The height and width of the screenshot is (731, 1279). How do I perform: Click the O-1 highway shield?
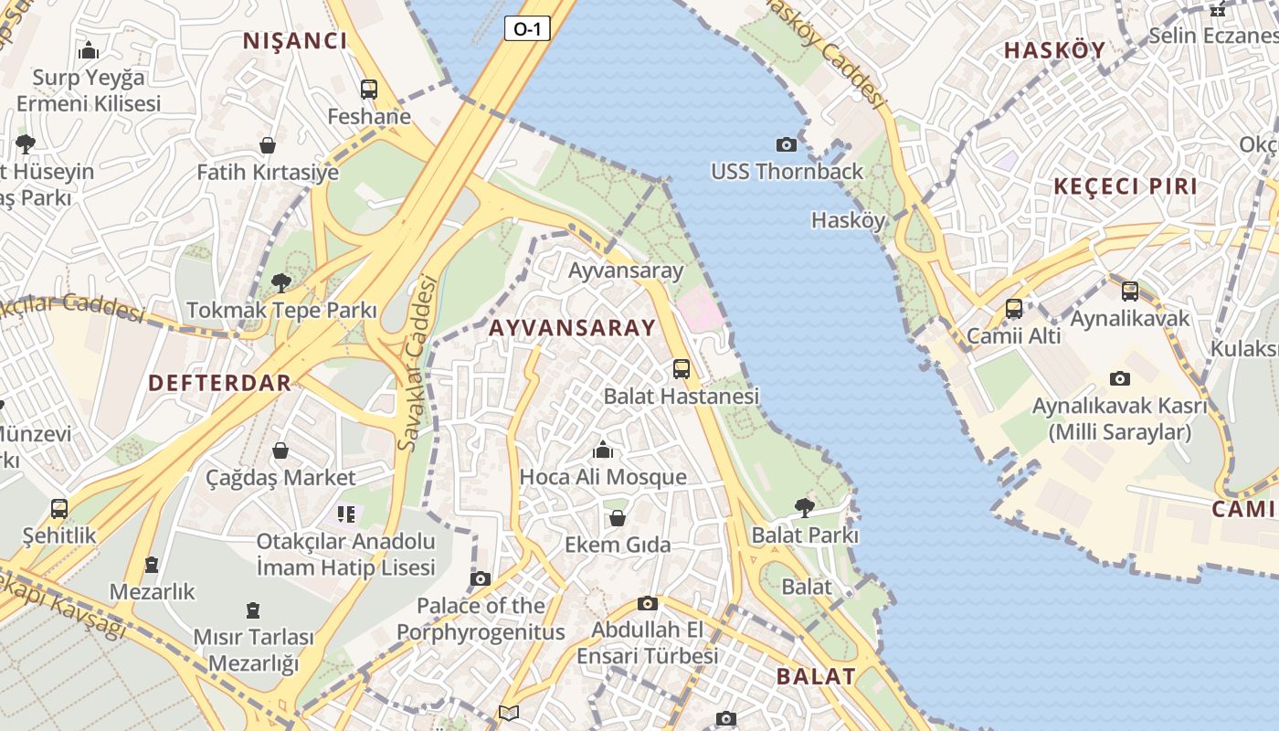tap(527, 29)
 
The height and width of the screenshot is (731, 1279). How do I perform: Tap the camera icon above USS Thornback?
tap(786, 144)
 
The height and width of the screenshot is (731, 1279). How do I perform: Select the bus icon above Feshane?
tap(369, 90)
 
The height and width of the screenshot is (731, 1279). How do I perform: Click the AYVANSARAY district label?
tap(572, 328)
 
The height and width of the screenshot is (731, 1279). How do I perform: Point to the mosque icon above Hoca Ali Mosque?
tap(603, 450)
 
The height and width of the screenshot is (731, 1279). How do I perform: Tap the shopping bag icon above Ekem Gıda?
tap(618, 518)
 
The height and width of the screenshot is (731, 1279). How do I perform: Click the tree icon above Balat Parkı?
tap(805, 507)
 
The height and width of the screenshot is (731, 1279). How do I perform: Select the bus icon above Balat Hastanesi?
tap(682, 369)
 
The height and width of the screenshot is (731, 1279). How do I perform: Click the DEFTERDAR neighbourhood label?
tap(219, 383)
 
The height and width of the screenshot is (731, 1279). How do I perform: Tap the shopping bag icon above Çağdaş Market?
tap(280, 450)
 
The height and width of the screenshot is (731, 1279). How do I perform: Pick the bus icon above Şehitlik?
tap(59, 508)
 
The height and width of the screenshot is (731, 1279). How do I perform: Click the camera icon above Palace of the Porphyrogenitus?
tap(481, 578)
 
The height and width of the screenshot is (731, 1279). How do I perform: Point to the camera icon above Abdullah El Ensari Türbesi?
tap(648, 603)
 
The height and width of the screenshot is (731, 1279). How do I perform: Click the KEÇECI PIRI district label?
tap(1125, 186)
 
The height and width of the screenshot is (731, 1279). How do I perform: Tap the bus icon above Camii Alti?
tap(1014, 309)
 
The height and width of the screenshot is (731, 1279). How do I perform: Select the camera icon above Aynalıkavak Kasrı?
tap(1120, 378)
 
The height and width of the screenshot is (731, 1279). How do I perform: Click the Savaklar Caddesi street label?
tap(418, 363)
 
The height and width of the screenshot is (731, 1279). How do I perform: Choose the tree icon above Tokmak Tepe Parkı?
tap(281, 282)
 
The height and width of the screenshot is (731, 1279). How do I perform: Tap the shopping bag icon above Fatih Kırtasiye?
tap(268, 145)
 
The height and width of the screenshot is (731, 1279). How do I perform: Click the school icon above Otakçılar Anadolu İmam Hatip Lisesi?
tap(345, 514)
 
